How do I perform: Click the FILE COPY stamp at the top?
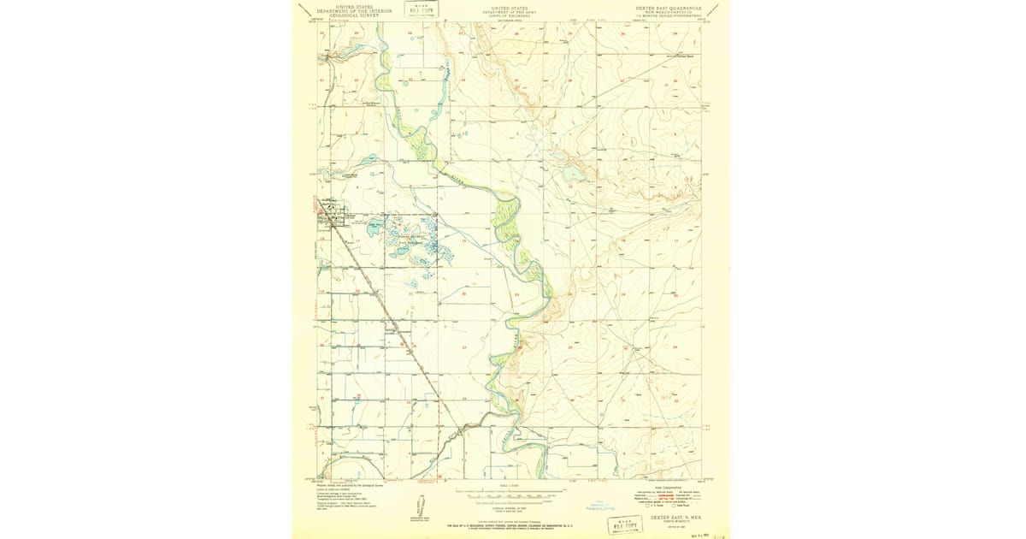(421, 11)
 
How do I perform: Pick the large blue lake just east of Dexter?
(374, 228)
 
